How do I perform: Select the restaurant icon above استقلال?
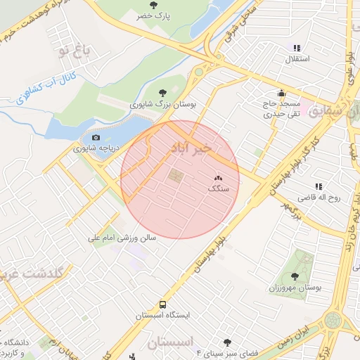(297, 48)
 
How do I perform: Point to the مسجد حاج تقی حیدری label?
(281, 107)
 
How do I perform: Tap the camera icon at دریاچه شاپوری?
(96, 137)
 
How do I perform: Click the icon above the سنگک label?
(217, 179)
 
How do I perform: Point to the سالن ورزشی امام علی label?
(122, 238)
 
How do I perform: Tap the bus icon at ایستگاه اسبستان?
(162, 305)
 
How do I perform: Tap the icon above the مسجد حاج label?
(281, 92)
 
